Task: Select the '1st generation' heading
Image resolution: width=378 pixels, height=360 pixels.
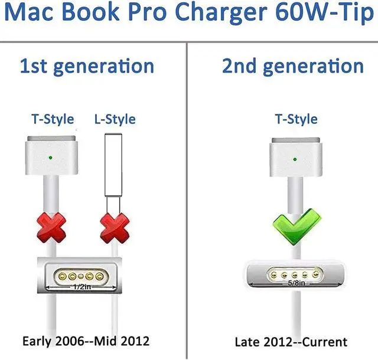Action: click(x=87, y=66)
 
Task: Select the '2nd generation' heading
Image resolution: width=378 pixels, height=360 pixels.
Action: click(x=293, y=66)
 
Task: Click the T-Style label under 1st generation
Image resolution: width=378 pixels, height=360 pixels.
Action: click(x=53, y=119)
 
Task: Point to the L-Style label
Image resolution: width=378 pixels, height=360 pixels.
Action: click(x=115, y=119)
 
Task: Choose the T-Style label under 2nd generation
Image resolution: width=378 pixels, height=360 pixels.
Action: click(x=296, y=119)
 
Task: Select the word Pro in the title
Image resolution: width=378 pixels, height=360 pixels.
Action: click(x=151, y=15)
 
